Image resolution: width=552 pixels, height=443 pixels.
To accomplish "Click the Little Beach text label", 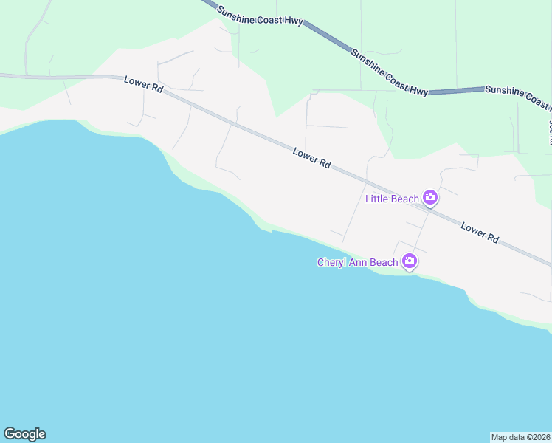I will (x=393, y=198).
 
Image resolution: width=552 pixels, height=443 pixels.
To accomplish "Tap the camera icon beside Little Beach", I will (x=430, y=198).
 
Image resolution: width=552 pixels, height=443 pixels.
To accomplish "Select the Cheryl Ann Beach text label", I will (x=357, y=262).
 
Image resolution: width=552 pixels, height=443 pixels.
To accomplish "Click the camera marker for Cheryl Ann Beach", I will (x=410, y=261).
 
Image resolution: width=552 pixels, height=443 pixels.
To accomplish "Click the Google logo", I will (x=24, y=434).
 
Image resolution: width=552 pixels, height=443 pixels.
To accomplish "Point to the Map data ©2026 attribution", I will (x=520, y=436).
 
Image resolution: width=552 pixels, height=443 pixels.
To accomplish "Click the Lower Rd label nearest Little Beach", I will (x=480, y=233).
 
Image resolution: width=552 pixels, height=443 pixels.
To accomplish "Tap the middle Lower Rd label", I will (x=311, y=158).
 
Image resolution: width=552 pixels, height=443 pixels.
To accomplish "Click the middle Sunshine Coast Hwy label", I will (x=389, y=72).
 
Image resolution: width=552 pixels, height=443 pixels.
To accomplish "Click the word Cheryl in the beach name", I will (x=332, y=262).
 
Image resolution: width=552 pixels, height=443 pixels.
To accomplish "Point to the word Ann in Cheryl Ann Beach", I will (x=361, y=262).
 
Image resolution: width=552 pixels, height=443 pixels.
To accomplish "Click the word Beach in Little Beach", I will (x=405, y=198).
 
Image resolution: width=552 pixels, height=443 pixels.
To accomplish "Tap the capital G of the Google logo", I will (x=10, y=434).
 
